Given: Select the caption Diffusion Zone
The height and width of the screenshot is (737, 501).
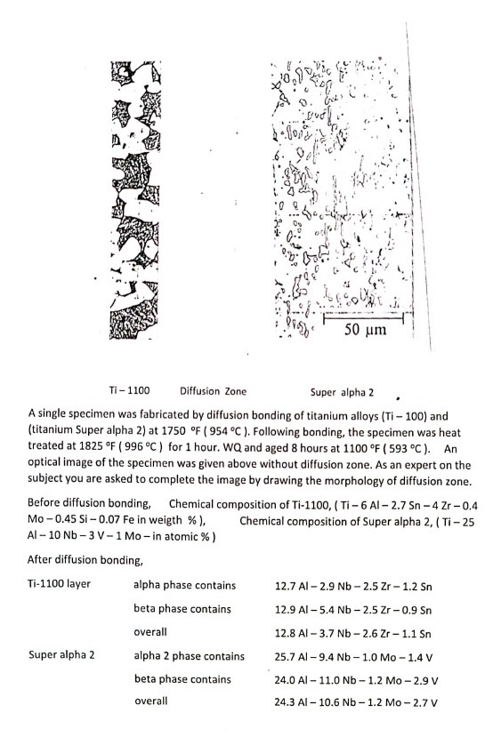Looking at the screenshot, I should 213,390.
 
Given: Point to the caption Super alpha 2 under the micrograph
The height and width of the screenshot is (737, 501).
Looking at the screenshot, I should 343,390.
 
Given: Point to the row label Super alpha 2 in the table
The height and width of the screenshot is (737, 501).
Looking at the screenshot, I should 61,656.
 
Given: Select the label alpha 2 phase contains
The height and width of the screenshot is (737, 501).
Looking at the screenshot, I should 189,656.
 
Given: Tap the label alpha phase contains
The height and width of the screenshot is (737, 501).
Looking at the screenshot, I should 184,586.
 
